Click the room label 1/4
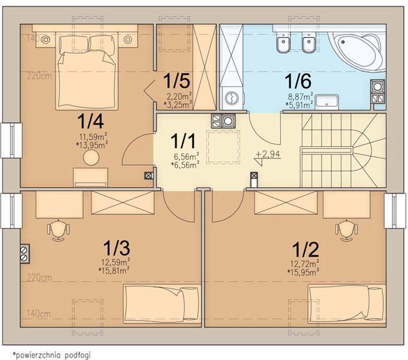pos(91,121)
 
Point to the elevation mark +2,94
pos(268,154)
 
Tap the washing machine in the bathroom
pos(232,98)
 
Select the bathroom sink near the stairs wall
pos(327,102)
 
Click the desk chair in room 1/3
pos(58,230)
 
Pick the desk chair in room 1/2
pos(347,230)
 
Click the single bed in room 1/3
pos(162,304)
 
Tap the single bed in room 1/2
pos(347,304)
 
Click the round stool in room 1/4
pos(91,157)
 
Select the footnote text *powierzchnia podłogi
pos(52,355)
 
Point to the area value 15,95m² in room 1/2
pos(303,272)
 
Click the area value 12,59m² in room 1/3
pos(116,261)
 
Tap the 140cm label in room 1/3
pos(39,314)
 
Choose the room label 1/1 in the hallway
pos(183,141)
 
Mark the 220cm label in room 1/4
pos(39,76)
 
